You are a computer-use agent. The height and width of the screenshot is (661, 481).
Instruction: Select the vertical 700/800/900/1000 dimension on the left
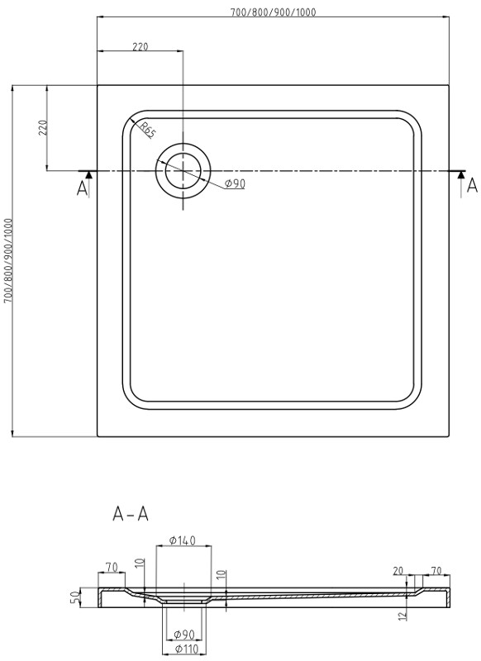pyautogui.click(x=8, y=260)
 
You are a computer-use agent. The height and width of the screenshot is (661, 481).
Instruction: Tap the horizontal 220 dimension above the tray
pyautogui.click(x=140, y=46)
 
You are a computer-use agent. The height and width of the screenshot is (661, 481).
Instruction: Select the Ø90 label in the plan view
pyautogui.click(x=235, y=183)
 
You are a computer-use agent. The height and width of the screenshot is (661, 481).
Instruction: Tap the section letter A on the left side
pyautogui.click(x=82, y=188)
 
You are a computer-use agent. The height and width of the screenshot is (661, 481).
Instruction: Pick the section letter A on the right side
pyautogui.click(x=472, y=185)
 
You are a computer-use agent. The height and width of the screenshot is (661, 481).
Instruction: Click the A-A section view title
pyautogui.click(x=131, y=514)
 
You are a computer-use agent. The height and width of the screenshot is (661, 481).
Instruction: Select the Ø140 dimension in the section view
pyautogui.click(x=182, y=540)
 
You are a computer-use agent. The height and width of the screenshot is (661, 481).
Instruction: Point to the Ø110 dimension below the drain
pyautogui.click(x=185, y=649)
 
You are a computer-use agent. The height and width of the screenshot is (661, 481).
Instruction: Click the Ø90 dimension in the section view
pyautogui.click(x=185, y=635)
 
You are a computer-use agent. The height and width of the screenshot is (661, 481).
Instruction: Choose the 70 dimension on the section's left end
pyautogui.click(x=112, y=567)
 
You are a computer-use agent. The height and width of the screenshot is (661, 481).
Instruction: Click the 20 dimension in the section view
pyautogui.click(x=399, y=570)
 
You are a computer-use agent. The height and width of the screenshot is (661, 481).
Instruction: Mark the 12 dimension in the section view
pyautogui.click(x=401, y=615)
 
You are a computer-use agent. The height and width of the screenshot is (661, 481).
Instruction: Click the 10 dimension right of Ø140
pyautogui.click(x=221, y=574)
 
